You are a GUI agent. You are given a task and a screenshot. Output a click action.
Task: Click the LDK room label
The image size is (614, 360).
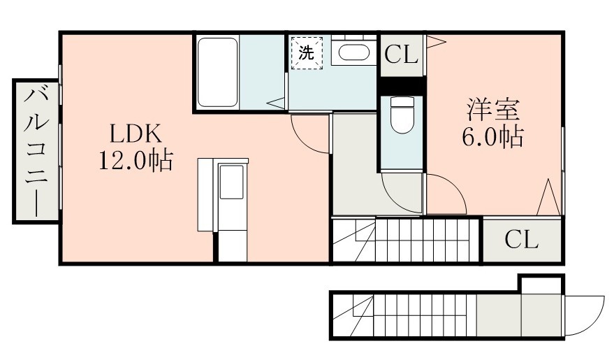(x=135, y=132)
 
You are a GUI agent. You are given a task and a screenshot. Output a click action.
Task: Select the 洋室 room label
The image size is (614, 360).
(x=493, y=111)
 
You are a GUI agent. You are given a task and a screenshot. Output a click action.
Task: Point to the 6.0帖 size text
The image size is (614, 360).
(x=493, y=138)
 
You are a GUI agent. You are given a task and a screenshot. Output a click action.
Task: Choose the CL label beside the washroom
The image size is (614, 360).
(x=402, y=55)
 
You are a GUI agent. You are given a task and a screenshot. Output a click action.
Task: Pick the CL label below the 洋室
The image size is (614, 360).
(x=522, y=240)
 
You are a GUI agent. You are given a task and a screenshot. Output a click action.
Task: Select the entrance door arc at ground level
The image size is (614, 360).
(x=584, y=315)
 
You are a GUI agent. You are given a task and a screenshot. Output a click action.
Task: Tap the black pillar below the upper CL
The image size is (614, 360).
(x=402, y=85)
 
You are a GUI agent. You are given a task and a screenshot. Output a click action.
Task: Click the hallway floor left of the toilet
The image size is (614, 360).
(x=354, y=168)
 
